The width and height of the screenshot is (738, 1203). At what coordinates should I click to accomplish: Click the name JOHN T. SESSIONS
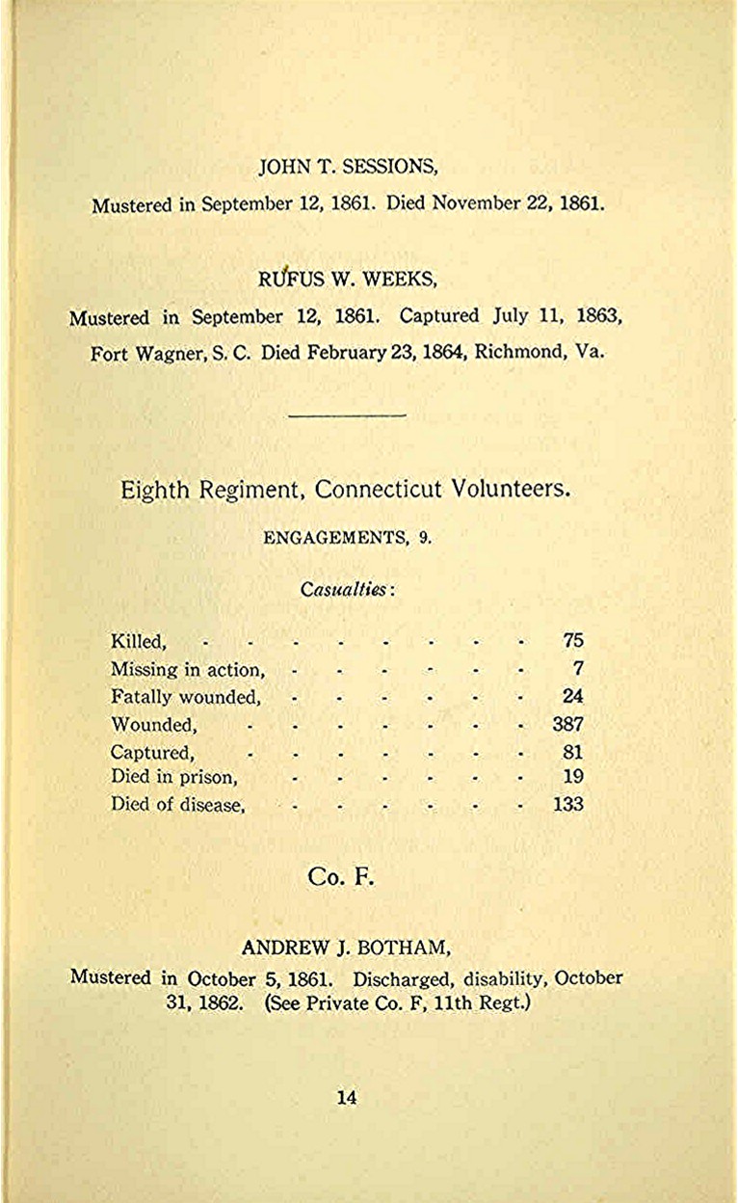click(348, 167)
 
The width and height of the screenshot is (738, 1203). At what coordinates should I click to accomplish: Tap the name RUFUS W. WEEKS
click(348, 281)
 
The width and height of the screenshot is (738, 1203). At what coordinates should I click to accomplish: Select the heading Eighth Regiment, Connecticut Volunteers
click(345, 489)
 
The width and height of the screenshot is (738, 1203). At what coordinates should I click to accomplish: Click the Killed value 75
click(572, 640)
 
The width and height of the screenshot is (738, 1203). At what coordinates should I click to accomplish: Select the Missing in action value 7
click(578, 668)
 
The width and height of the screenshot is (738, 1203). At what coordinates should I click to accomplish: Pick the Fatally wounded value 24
click(572, 696)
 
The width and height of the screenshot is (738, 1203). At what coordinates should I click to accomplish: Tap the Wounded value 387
click(567, 724)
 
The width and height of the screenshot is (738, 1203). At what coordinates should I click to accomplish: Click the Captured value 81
click(572, 752)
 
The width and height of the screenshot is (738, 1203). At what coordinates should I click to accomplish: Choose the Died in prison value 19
click(572, 777)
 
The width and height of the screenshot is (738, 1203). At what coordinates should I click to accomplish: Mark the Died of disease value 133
click(567, 804)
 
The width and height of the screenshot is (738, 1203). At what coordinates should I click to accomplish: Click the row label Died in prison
click(173, 777)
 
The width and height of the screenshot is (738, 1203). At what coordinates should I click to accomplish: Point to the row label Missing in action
click(187, 669)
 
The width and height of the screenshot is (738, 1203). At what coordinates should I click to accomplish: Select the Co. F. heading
click(341, 876)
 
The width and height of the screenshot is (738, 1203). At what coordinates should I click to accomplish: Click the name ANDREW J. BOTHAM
click(347, 947)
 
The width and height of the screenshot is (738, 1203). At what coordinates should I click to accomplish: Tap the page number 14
click(347, 1096)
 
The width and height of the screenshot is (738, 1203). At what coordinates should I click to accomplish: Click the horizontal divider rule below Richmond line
click(347, 415)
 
